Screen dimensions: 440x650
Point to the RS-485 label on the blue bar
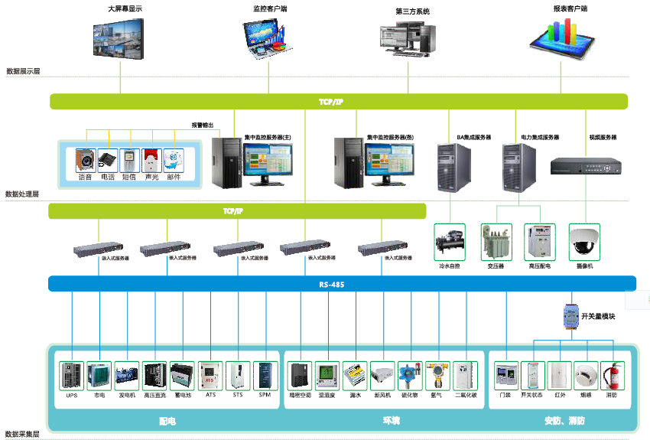tap(332, 285)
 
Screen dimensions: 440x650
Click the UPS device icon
tap(71, 376)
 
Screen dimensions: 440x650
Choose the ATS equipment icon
tap(210, 376)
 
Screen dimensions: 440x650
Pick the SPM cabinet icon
tap(265, 376)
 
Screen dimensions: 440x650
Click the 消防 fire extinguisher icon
tap(612, 376)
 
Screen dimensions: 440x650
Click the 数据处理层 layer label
tap(22, 194)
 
